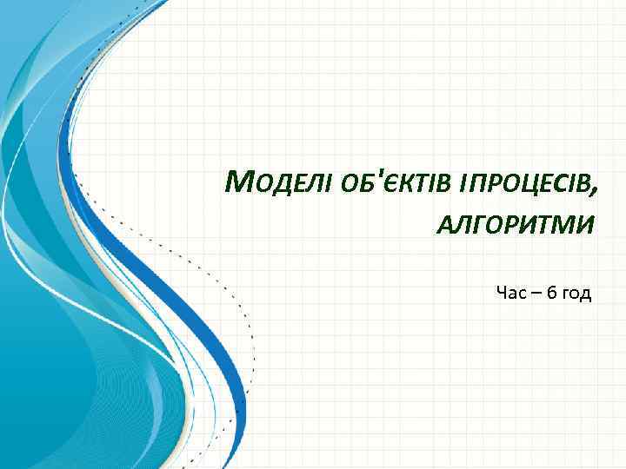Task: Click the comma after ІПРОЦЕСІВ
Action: (595, 192)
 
